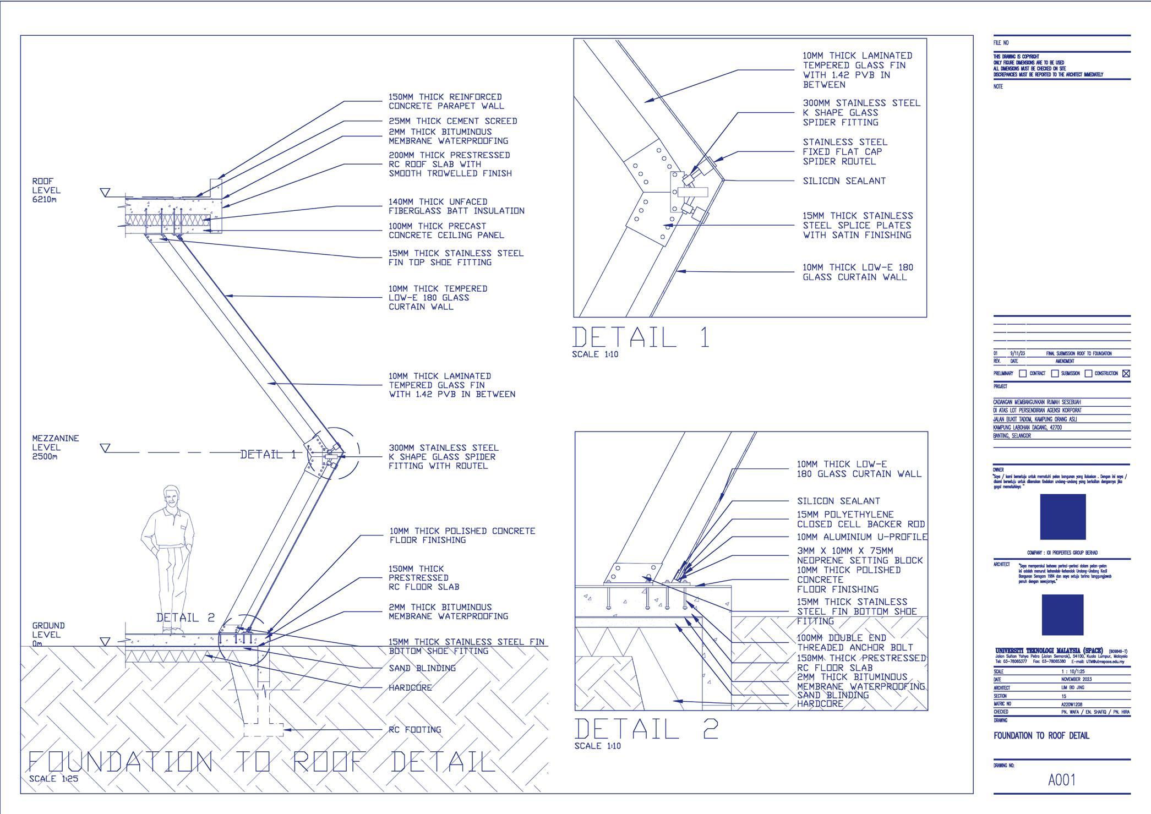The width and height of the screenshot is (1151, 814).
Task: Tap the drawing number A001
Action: (x=1061, y=780)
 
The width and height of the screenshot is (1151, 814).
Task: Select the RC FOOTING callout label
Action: (x=415, y=730)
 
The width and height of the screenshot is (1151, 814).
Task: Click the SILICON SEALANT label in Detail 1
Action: (x=844, y=181)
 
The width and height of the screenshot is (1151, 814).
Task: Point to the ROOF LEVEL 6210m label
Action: (x=46, y=190)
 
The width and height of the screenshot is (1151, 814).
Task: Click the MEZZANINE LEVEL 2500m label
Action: (x=55, y=447)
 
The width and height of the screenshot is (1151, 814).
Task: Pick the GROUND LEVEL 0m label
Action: (x=48, y=635)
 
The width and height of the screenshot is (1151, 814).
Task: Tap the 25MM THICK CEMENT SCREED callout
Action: (x=452, y=121)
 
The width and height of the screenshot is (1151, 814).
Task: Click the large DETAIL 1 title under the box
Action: (x=641, y=337)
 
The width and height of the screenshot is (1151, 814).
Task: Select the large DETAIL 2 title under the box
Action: (x=646, y=729)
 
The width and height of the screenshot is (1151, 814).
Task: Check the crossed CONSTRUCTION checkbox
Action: (x=1126, y=373)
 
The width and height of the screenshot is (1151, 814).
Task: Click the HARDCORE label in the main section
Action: (x=410, y=688)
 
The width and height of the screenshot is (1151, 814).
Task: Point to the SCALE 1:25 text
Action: (x=53, y=779)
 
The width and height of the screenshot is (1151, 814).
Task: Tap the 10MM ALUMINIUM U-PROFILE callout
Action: (x=861, y=537)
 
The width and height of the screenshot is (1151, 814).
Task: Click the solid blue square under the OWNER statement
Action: (x=1062, y=517)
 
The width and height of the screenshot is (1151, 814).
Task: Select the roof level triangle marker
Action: (x=105, y=193)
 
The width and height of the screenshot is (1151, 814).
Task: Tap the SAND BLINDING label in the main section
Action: (x=422, y=668)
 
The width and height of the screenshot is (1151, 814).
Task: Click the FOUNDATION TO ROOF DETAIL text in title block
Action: (x=1041, y=736)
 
